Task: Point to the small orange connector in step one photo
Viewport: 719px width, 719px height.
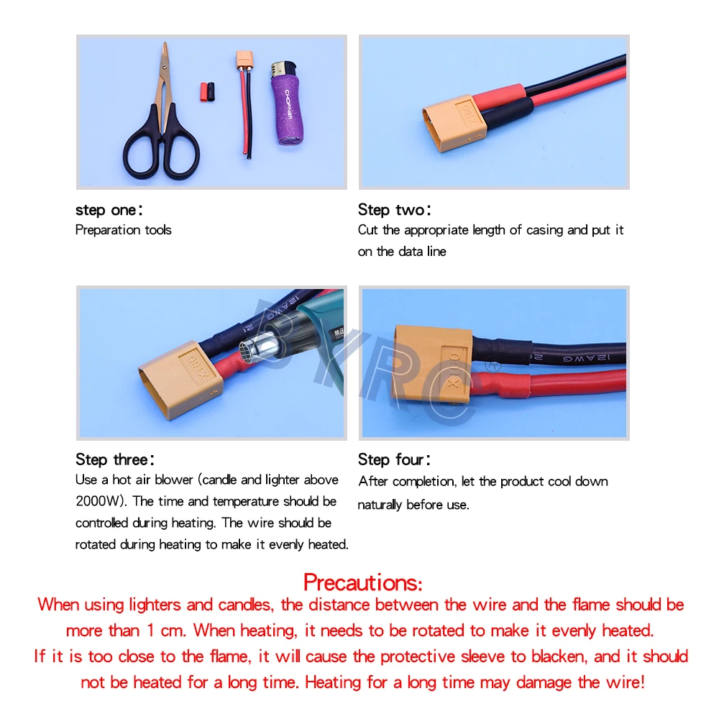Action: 244,62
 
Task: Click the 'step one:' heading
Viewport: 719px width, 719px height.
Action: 109,210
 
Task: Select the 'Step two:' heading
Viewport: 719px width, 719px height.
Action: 395,210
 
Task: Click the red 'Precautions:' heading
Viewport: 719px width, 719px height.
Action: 362,581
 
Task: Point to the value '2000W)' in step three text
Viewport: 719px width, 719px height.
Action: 101,501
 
